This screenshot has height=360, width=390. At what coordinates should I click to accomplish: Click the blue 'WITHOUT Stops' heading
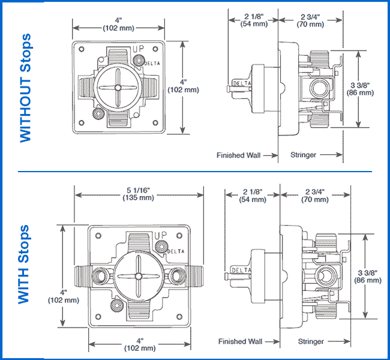[25, 88]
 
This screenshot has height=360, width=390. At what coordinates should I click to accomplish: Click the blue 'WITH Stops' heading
[25, 265]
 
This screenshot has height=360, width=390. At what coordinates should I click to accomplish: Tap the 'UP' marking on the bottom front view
[160, 236]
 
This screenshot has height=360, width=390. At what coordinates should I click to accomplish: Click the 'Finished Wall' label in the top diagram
[238, 155]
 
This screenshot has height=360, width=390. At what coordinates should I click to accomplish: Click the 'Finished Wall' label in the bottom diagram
[240, 341]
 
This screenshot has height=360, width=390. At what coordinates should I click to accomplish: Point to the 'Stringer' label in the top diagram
[303, 155]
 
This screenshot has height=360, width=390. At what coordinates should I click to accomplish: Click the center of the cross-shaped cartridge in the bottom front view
[138, 276]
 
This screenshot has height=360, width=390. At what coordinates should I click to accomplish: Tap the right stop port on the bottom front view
[178, 276]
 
